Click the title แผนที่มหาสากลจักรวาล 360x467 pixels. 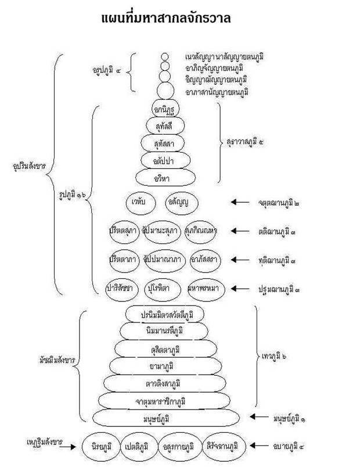pos(166,18)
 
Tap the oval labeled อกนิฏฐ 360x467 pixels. pos(165,109)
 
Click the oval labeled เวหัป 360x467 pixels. pos(139,202)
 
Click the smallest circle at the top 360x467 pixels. pos(165,57)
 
